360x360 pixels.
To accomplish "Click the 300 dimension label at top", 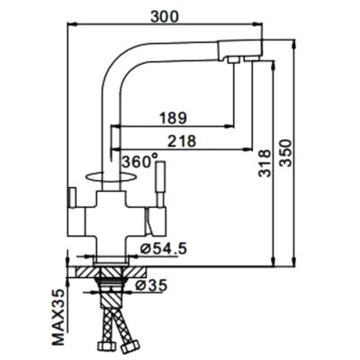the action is point(164,16).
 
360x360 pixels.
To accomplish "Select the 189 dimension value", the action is point(173,118).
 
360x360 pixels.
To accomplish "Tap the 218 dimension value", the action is point(182,141).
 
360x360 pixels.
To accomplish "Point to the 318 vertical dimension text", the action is point(264,163).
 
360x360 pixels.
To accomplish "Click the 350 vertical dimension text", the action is point(285,153).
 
